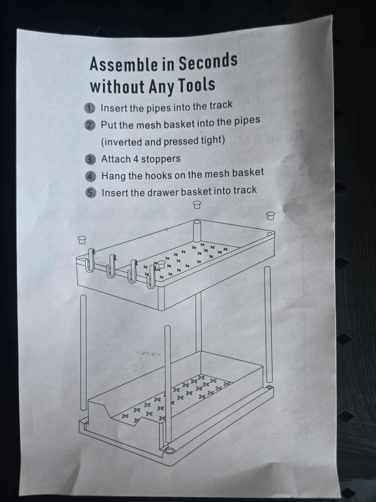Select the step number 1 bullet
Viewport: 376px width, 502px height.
click(90, 108)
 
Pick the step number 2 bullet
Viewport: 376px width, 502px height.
click(90, 125)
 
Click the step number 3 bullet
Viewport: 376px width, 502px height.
click(91, 159)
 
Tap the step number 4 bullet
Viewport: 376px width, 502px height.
click(91, 176)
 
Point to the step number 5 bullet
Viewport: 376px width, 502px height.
click(91, 193)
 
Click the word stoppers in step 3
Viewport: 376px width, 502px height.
click(161, 159)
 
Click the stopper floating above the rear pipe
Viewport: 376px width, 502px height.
click(197, 205)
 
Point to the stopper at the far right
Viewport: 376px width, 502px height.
click(271, 216)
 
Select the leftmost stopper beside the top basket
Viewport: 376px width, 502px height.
click(82, 240)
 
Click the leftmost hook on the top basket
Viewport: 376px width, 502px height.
click(91, 260)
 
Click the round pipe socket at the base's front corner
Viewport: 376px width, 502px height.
click(169, 450)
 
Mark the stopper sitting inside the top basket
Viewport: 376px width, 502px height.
click(162, 264)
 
